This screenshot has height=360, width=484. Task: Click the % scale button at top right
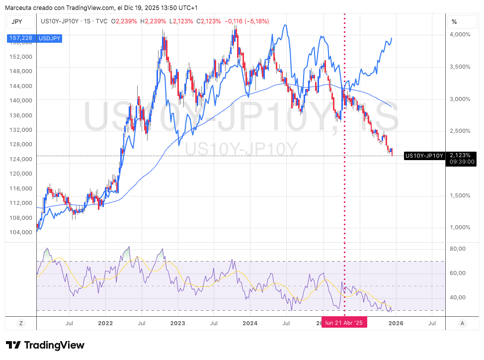(x=454, y=22)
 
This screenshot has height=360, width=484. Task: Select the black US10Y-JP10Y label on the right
(x=424, y=156)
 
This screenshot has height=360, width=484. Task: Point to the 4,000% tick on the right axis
(x=460, y=34)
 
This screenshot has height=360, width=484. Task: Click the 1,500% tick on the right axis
(x=460, y=195)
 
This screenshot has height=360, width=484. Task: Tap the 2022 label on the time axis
(x=106, y=323)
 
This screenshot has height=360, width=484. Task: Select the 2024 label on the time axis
(x=250, y=323)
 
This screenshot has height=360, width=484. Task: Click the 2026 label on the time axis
(x=395, y=323)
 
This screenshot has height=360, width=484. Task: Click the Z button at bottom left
(x=21, y=323)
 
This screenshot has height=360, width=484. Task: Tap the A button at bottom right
(x=462, y=323)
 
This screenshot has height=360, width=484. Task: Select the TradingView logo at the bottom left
(x=45, y=345)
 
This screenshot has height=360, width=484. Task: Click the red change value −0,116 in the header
(x=235, y=21)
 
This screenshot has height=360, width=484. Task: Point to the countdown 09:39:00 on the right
(x=462, y=162)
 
